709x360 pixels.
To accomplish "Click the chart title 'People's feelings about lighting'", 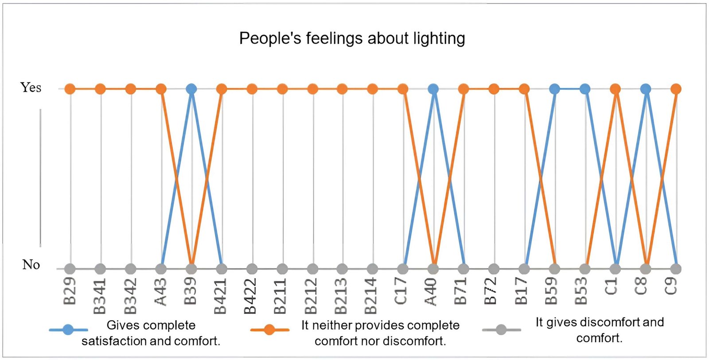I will (x=352, y=39).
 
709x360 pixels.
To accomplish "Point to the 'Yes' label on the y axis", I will (x=31, y=88).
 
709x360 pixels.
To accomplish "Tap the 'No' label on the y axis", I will (x=31, y=265).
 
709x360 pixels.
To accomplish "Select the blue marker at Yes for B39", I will (x=191, y=89).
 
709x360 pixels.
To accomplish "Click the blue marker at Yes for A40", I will (x=433, y=89).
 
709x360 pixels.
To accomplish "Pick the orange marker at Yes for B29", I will (x=70, y=89).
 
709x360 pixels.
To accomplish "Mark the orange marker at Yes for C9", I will (x=675, y=89).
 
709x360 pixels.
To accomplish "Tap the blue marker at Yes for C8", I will (x=645, y=89).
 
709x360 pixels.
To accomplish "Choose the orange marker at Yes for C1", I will (x=615, y=89).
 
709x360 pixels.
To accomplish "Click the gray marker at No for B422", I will (x=252, y=269).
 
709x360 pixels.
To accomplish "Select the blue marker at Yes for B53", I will (x=585, y=89).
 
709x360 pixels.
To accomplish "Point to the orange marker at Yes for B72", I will (x=494, y=89).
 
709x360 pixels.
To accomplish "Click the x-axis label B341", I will (x=100, y=295).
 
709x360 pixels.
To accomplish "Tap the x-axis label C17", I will (x=401, y=291).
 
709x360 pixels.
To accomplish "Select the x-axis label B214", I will (x=371, y=295).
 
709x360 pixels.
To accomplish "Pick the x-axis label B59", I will (x=552, y=291).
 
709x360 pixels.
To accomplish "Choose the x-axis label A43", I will (x=160, y=291).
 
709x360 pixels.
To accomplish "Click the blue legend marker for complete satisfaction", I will (x=68, y=330).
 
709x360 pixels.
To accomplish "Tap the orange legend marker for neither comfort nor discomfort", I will (x=269, y=330).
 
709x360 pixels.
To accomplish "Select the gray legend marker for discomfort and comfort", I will (x=501, y=330).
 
